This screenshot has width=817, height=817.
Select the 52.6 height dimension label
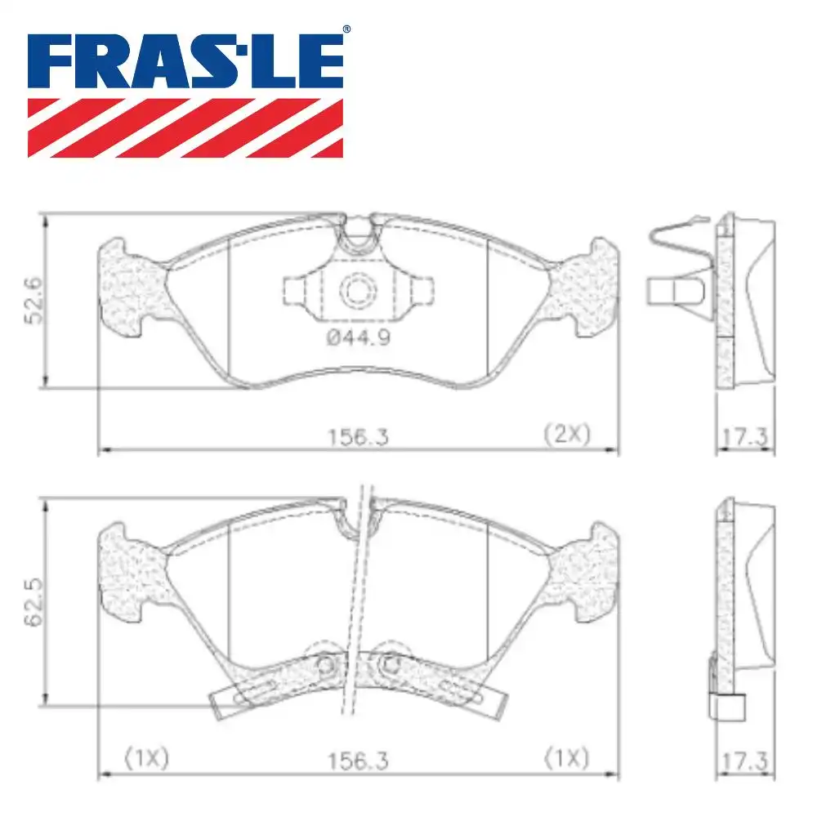tap(33, 301)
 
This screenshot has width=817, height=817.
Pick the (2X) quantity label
tap(567, 434)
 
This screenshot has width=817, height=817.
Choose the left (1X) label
tap(146, 759)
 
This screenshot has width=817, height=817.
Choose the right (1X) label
tap(566, 759)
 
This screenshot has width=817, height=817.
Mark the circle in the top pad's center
tap(357, 289)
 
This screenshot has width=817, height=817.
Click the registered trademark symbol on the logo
tap(346, 30)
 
